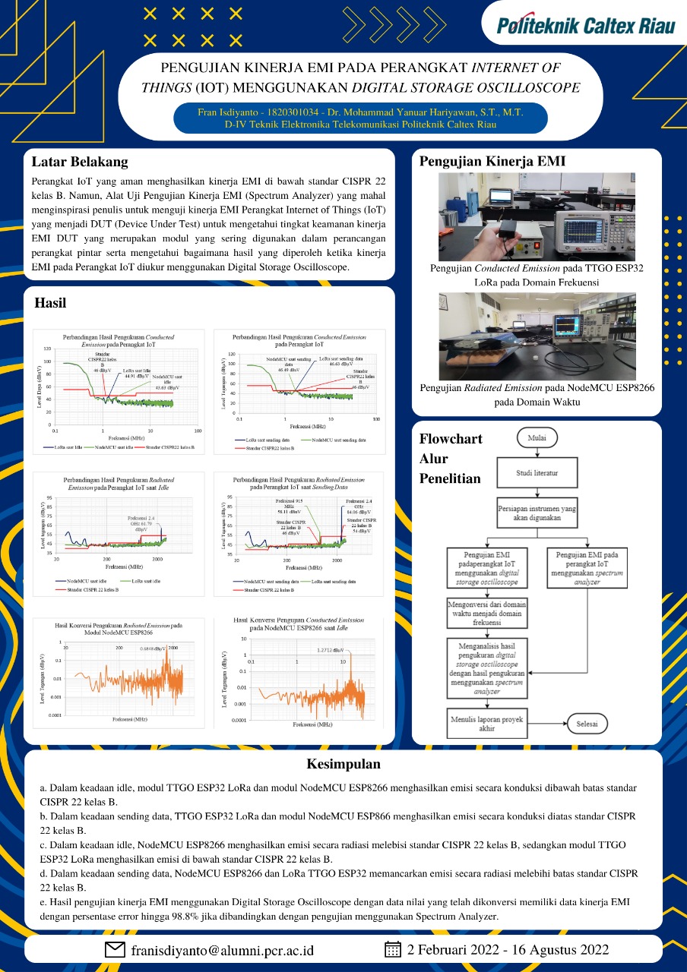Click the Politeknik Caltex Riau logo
(585, 27)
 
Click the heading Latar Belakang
(80, 162)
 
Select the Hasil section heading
(50, 303)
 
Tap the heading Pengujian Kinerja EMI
(492, 161)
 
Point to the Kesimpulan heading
(343, 764)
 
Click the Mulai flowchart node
(537, 437)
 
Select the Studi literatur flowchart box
(537, 473)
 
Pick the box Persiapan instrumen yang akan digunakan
(537, 513)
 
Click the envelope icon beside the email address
(115, 949)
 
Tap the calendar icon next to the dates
(393, 949)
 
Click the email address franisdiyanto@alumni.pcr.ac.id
(222, 950)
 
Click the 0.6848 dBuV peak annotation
(154, 648)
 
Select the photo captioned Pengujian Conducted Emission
(537, 217)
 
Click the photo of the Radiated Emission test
(537, 336)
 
